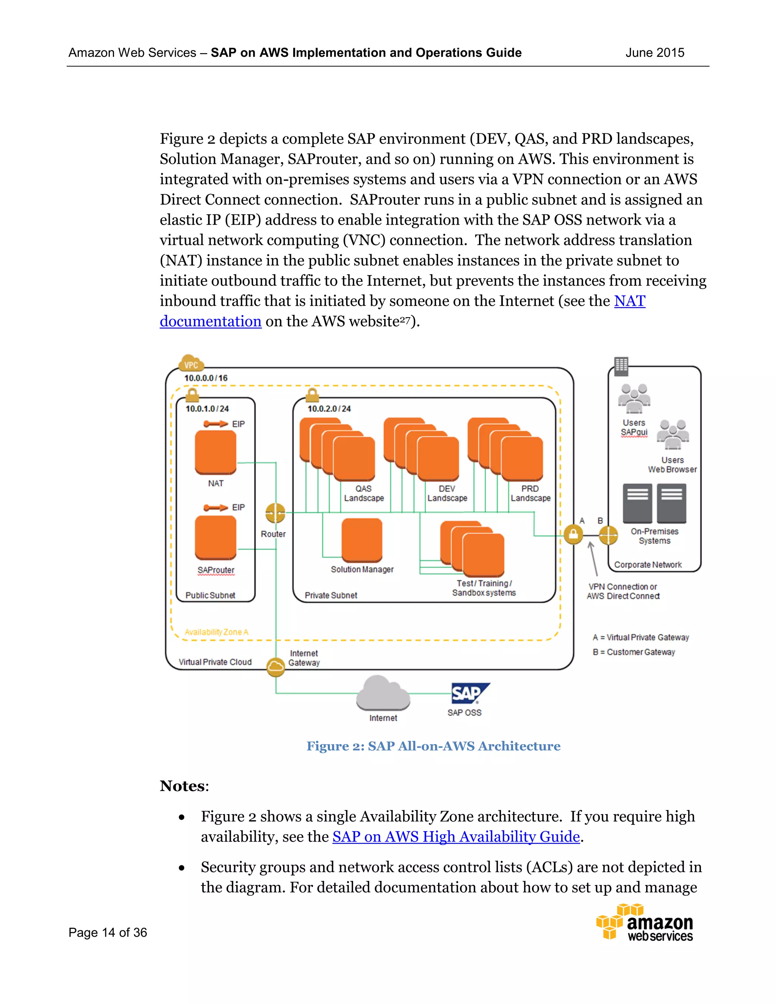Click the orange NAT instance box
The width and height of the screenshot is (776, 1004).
pyautogui.click(x=215, y=452)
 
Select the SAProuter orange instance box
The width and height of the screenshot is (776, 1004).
pyautogui.click(x=215, y=537)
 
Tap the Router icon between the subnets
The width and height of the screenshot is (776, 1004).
pyautogui.click(x=275, y=513)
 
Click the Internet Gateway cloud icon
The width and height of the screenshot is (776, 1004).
pyautogui.click(x=276, y=668)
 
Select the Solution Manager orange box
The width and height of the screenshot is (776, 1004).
pyautogui.click(x=362, y=540)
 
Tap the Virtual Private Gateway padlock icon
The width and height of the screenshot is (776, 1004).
pyautogui.click(x=573, y=535)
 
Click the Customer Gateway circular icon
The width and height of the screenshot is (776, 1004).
pyautogui.click(x=608, y=535)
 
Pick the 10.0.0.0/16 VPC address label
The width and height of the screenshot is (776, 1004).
pyautogui.click(x=206, y=378)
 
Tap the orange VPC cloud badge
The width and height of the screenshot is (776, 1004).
pyautogui.click(x=191, y=363)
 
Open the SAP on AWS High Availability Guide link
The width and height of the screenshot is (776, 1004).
pyautogui.click(x=455, y=837)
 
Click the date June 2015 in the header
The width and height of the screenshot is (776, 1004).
pyautogui.click(x=655, y=53)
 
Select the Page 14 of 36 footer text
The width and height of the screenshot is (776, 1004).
pyautogui.click(x=108, y=932)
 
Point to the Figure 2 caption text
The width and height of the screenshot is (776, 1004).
pyautogui.click(x=433, y=746)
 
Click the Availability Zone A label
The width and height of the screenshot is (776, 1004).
pyautogui.click(x=216, y=632)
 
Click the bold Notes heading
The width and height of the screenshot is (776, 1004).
pyautogui.click(x=183, y=786)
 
